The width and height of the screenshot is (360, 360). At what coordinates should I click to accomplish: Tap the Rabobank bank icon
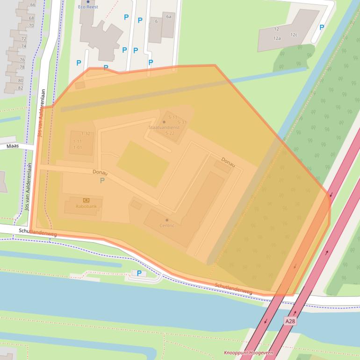point(86,200)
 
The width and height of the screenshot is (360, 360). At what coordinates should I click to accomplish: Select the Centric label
point(167,225)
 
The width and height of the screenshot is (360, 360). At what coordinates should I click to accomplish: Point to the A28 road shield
point(290,321)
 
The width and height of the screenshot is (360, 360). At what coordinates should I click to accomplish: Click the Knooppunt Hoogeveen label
point(248,353)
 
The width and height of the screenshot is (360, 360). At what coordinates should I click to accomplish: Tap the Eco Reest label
point(88,7)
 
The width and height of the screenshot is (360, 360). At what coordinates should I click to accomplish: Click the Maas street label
point(12,146)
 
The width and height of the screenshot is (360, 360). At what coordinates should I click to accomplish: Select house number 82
point(21,88)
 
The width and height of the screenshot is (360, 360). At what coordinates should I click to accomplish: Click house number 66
point(33,5)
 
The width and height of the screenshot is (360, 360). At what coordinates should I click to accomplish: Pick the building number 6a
point(168,16)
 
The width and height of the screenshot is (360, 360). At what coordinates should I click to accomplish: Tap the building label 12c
point(294,35)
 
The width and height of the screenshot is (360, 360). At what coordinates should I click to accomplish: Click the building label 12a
point(277,38)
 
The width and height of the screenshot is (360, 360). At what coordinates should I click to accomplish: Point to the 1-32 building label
point(85,134)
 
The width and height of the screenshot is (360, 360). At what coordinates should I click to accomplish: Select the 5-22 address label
point(170,133)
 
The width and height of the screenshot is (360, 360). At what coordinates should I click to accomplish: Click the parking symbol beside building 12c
point(322,28)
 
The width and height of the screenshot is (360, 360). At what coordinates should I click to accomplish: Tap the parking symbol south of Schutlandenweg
point(138,273)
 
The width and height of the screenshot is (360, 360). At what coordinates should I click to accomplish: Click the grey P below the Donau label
point(102,180)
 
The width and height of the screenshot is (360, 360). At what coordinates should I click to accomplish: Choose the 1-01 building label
point(78,148)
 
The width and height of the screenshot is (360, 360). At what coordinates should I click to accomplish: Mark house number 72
point(23,39)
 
